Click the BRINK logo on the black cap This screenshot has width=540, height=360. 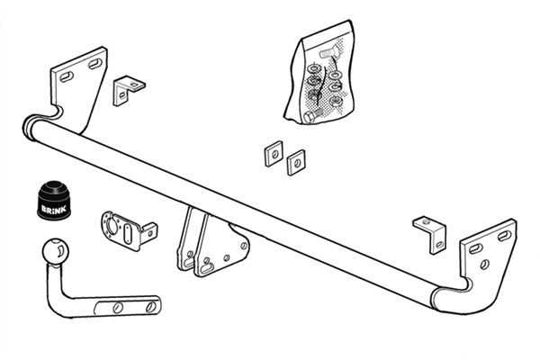click(x=54, y=209)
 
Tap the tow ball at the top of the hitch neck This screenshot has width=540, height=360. click(x=56, y=252)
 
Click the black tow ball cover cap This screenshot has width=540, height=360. click(x=54, y=200)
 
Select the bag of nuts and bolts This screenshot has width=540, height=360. click(x=319, y=73)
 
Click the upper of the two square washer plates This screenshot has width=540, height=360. click(x=274, y=154)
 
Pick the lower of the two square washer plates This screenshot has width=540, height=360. click(x=296, y=163)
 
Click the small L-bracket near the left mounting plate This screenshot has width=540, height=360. click(x=128, y=90)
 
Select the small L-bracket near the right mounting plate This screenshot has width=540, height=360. click(x=431, y=234)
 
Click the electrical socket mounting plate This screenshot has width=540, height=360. click(x=128, y=229)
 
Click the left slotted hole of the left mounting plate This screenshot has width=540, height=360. click(x=67, y=76)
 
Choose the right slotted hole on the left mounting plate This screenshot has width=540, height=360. click(x=95, y=64)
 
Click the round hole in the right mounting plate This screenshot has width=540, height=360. click(x=484, y=265)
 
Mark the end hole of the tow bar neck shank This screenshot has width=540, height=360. click(x=151, y=307)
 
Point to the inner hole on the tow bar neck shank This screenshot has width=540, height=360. click(x=118, y=307)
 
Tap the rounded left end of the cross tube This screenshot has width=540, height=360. click(x=30, y=128)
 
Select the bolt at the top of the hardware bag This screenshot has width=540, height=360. click(x=329, y=53)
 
